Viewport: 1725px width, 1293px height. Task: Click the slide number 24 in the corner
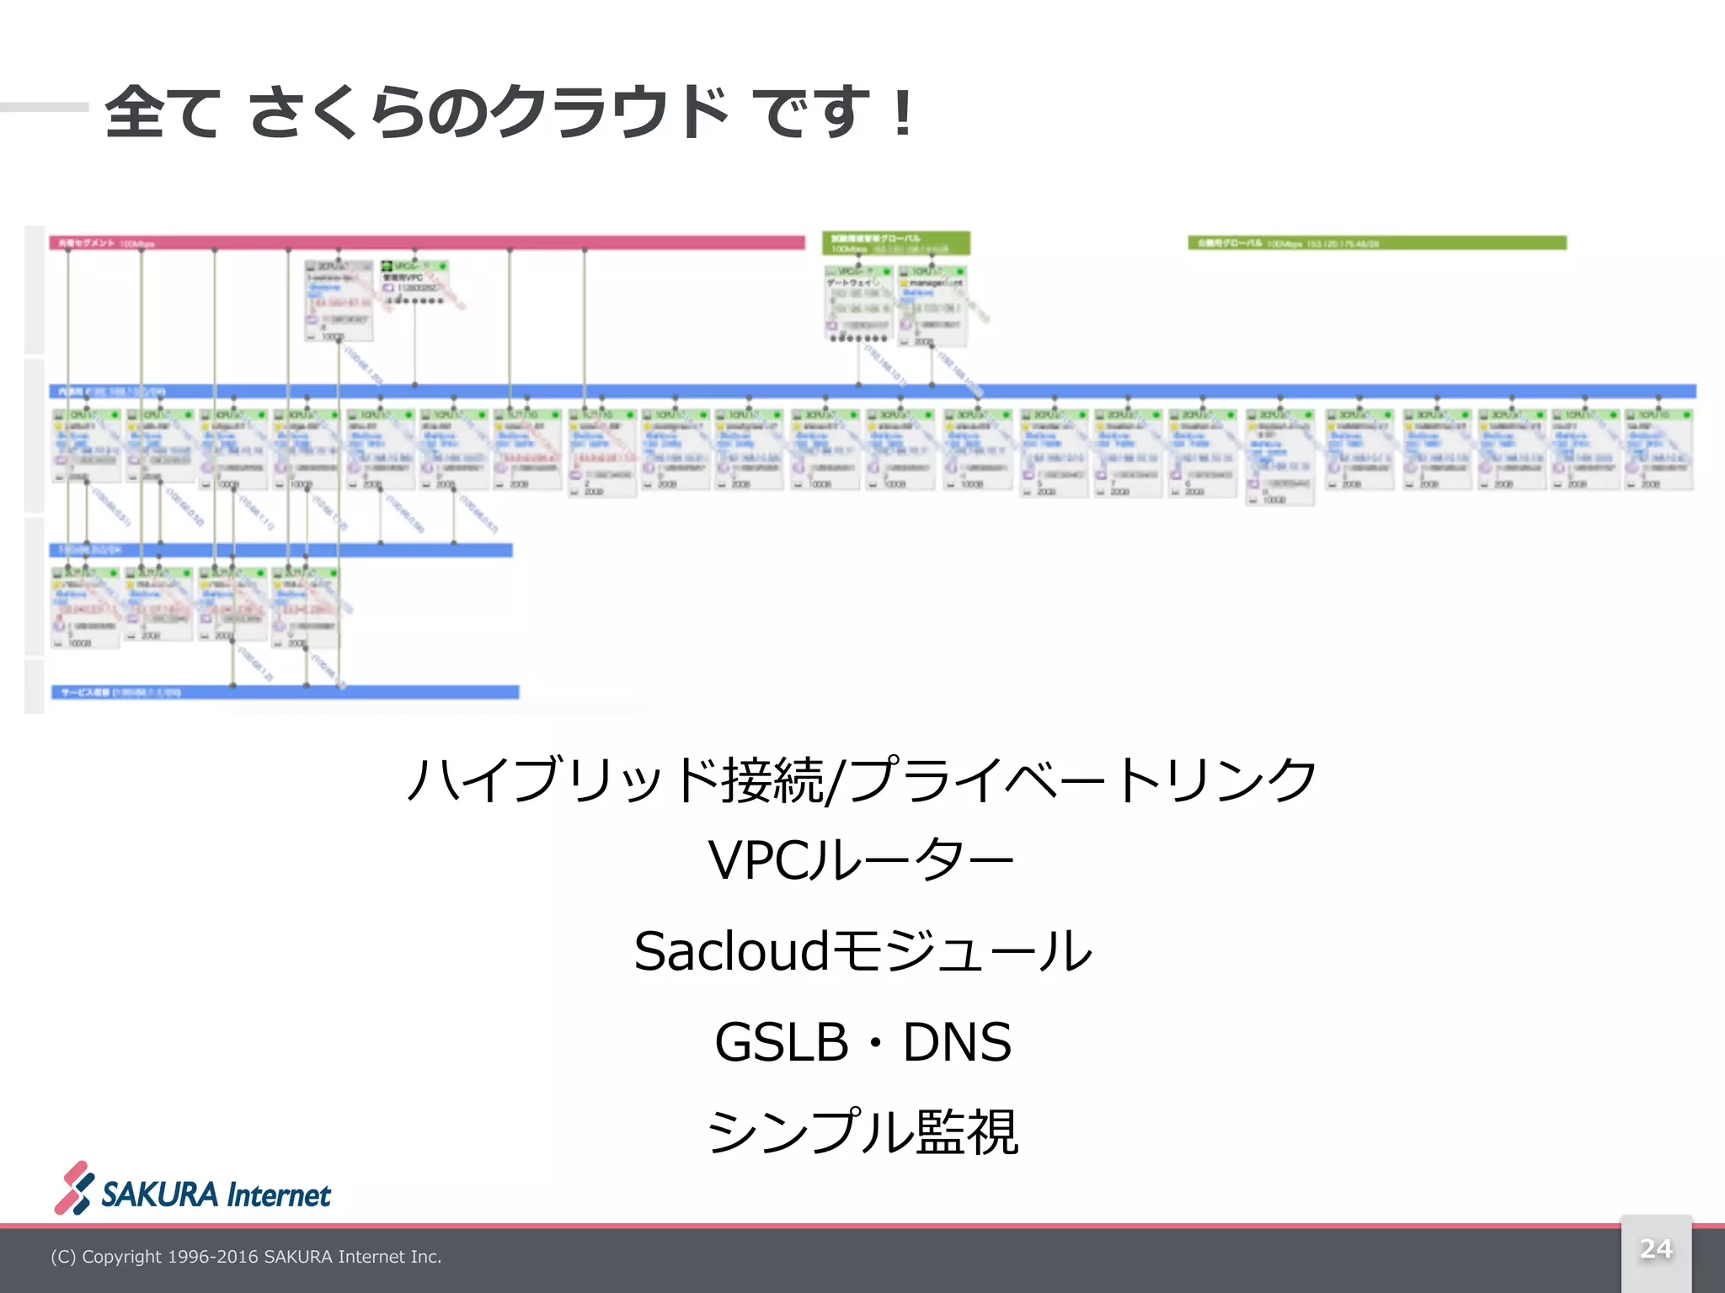click(x=1655, y=1248)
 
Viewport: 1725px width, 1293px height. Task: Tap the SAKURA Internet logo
click(x=193, y=1189)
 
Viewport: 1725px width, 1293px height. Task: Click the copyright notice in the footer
click(x=246, y=1257)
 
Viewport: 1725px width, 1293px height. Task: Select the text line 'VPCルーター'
click(x=861, y=860)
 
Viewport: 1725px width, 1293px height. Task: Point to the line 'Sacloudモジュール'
click(x=862, y=951)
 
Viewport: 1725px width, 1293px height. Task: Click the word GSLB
click(x=781, y=1042)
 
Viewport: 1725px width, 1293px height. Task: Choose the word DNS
click(x=957, y=1042)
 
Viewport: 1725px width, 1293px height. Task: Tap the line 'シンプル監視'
click(x=862, y=1131)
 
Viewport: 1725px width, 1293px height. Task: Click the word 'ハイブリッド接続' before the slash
click(x=615, y=779)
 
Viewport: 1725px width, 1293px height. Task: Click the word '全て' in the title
click(x=163, y=112)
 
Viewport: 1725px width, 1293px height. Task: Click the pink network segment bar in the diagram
click(x=426, y=243)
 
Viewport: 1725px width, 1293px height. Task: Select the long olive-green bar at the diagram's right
click(x=1377, y=243)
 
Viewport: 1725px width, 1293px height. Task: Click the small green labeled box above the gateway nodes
click(x=896, y=243)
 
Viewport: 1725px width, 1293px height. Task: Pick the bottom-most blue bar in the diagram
click(x=285, y=692)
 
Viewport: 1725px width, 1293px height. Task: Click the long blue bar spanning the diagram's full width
click(x=872, y=391)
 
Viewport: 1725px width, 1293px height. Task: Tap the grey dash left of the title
click(x=44, y=107)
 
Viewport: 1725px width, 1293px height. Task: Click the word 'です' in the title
click(x=809, y=112)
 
